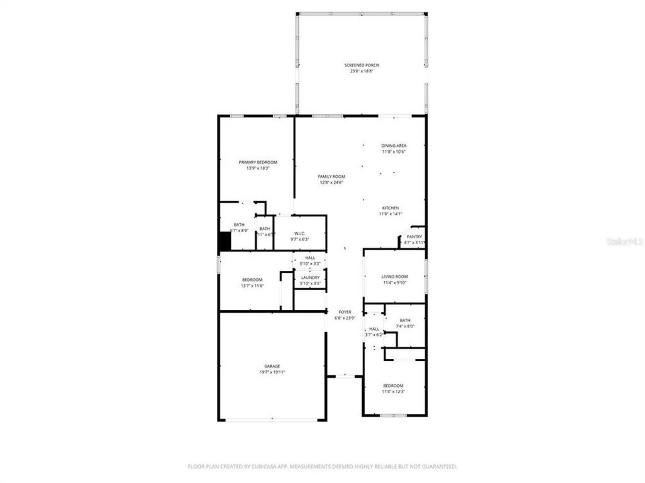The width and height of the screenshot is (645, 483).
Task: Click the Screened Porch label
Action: (361, 65)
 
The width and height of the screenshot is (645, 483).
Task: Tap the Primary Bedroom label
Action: (258, 162)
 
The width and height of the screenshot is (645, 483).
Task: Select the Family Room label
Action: (331, 176)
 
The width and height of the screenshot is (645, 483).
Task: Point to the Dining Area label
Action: (394, 146)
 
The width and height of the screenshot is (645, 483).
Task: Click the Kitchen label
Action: (390, 208)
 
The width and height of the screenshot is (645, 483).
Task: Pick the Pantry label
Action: (414, 236)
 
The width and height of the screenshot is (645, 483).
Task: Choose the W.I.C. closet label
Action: (300, 233)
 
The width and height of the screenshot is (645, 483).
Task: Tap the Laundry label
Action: (310, 277)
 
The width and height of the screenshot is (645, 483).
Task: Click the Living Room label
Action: (394, 276)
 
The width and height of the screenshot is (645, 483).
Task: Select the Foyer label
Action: (345, 312)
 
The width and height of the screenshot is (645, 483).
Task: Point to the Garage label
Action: (272, 366)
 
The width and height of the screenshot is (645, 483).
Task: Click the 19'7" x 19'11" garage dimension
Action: (272, 372)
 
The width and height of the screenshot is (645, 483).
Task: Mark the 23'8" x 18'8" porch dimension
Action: (361, 71)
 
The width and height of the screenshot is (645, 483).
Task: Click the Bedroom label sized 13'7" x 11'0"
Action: (252, 280)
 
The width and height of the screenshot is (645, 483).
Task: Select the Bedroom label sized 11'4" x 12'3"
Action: (393, 386)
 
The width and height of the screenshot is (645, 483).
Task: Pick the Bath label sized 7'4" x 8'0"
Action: (404, 321)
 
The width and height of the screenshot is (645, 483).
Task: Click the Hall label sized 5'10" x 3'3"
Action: (310, 258)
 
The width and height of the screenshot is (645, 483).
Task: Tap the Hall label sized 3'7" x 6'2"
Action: (374, 329)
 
